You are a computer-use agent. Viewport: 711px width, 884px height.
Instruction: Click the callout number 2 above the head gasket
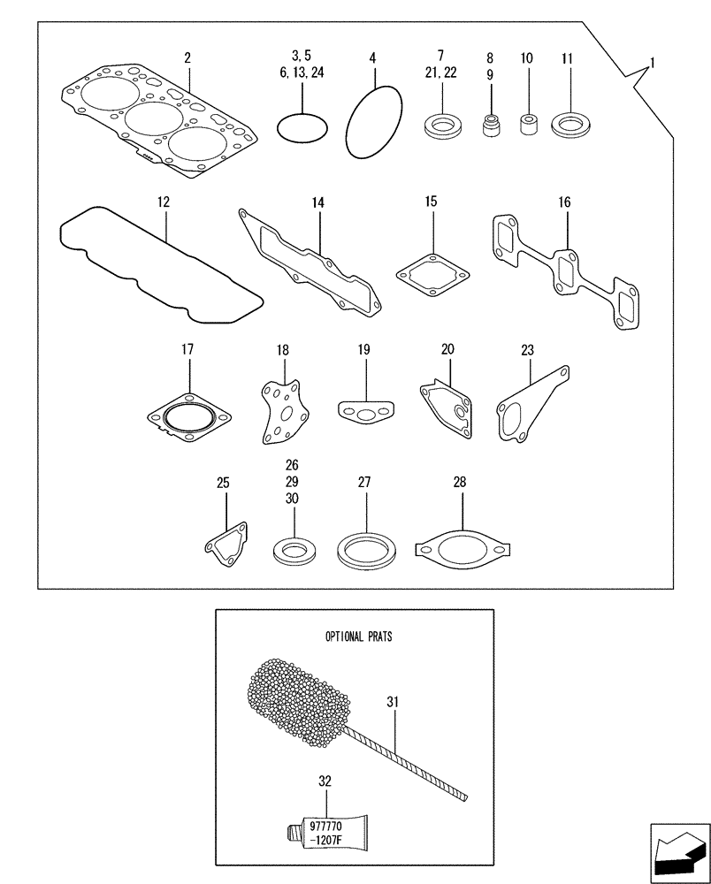click(187, 58)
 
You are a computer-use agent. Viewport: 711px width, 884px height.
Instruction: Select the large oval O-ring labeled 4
click(372, 124)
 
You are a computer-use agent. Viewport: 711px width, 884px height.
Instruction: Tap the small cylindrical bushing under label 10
click(529, 126)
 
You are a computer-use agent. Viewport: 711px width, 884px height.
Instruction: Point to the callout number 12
click(163, 202)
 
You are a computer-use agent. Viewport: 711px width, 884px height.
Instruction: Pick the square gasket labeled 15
click(430, 275)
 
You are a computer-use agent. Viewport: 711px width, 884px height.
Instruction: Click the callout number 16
click(564, 202)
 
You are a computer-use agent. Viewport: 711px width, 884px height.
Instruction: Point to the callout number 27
click(364, 483)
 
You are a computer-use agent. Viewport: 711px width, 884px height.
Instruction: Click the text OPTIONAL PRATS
click(358, 636)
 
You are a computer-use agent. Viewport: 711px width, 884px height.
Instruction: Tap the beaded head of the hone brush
click(296, 699)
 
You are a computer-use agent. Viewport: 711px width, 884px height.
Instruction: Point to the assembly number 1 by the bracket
click(652, 63)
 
